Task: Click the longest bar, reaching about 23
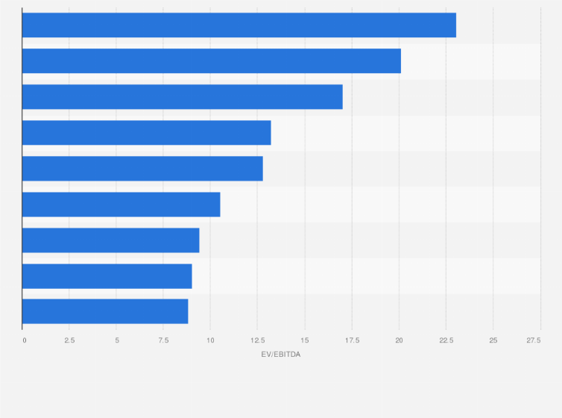(x=239, y=25)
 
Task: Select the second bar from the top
(x=212, y=61)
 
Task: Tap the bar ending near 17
(x=183, y=97)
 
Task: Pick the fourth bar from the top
(x=146, y=133)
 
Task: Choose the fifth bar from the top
(x=142, y=169)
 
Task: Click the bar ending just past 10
(x=121, y=205)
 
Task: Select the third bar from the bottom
(x=110, y=240)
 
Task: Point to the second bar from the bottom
(x=107, y=276)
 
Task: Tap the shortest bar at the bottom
(x=105, y=311)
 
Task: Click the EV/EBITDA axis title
(x=281, y=354)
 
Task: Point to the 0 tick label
(x=25, y=340)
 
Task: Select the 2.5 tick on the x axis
(x=69, y=340)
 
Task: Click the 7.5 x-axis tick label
(x=163, y=340)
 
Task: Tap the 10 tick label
(x=210, y=340)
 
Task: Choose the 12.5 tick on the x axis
(x=257, y=340)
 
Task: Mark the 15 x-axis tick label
(x=305, y=340)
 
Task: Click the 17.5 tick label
(x=352, y=340)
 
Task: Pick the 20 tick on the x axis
(x=399, y=340)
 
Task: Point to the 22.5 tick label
(x=446, y=340)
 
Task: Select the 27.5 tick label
(x=534, y=340)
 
